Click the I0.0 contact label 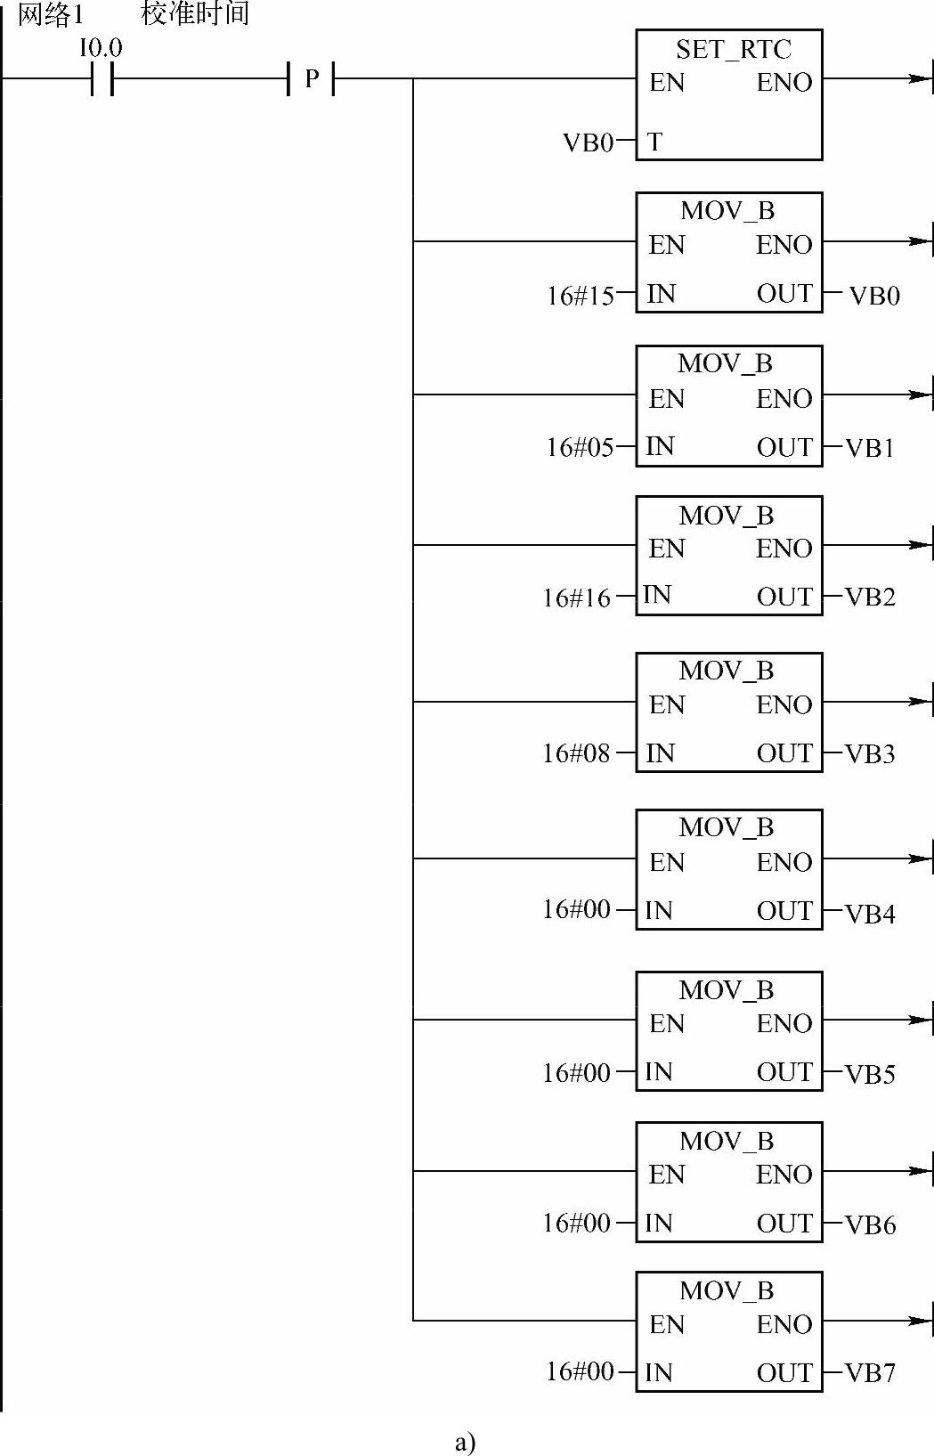(x=101, y=47)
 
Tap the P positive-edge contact (x=311, y=79)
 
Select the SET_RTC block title (x=733, y=49)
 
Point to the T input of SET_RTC (x=654, y=142)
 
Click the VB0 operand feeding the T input (x=588, y=142)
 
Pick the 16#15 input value (x=580, y=296)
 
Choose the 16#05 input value (x=580, y=447)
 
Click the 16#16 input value (x=576, y=598)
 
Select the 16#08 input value (x=576, y=753)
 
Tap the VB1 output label (x=870, y=448)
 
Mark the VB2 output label (x=870, y=597)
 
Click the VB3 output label (x=870, y=754)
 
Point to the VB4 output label (x=870, y=914)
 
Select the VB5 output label (x=870, y=1074)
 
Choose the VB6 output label (x=870, y=1225)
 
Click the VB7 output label (x=870, y=1373)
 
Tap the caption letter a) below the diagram (x=465, y=1441)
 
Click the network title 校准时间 (x=195, y=13)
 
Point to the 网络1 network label (x=50, y=14)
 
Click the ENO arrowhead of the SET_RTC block (x=919, y=79)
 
